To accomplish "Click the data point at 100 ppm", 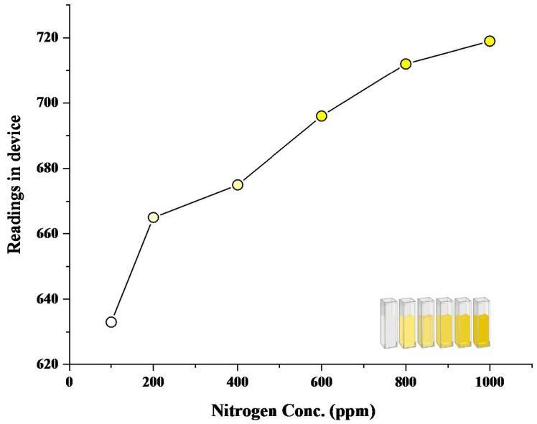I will coord(111,322).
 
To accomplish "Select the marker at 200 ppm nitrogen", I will coord(153,217).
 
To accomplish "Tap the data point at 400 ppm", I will coord(238,184).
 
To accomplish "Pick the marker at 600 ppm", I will coord(322,116).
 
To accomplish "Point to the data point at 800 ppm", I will coord(406,64).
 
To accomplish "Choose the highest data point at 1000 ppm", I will coord(490,41).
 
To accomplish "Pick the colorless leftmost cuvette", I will coord(388,324).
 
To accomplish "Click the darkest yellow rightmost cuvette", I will coord(481,324).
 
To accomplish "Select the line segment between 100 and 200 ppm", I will coord(132,270).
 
